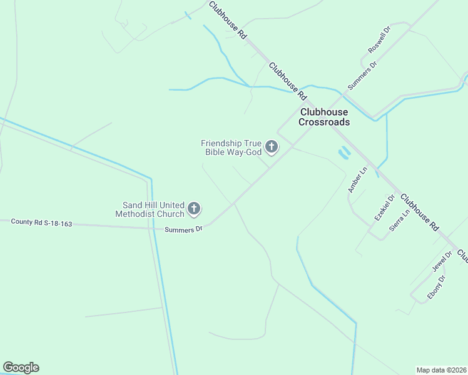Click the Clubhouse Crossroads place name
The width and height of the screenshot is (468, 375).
click(x=324, y=117)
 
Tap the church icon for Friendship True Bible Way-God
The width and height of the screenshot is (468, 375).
click(x=272, y=147)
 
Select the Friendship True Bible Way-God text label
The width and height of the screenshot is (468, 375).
click(x=231, y=147)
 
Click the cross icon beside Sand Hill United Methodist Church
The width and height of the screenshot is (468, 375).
click(x=195, y=209)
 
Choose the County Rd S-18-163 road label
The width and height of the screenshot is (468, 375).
click(x=41, y=222)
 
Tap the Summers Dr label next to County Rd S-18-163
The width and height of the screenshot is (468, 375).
click(x=184, y=229)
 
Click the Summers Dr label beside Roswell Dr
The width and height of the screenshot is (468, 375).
click(x=363, y=73)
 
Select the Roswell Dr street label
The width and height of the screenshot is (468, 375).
click(x=380, y=39)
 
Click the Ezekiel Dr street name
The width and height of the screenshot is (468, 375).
click(x=385, y=207)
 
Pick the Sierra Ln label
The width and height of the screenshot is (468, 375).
click(x=399, y=220)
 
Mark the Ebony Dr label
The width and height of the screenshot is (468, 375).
click(x=436, y=287)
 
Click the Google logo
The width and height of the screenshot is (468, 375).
click(x=21, y=367)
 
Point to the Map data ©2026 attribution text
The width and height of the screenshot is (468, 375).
click(x=442, y=370)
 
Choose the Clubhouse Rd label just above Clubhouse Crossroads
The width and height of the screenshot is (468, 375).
click(x=287, y=81)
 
